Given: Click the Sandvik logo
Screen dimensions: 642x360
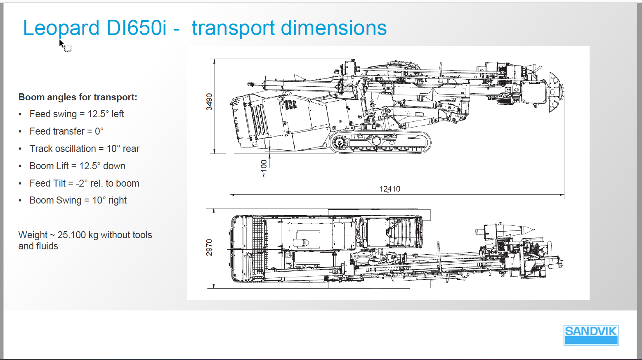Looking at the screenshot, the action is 591,335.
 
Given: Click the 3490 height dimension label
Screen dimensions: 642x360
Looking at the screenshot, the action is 209,102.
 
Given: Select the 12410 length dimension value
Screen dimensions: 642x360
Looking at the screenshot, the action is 390,189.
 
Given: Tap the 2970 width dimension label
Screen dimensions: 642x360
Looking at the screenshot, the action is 209,248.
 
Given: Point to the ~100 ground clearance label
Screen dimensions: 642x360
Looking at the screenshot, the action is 264,168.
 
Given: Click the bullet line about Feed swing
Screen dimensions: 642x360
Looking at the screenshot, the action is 76,114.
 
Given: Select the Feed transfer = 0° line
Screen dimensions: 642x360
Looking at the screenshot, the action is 66,131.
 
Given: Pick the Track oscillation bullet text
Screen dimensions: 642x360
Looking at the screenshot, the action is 84,149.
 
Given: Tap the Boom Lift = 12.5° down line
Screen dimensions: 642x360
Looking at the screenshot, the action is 78,166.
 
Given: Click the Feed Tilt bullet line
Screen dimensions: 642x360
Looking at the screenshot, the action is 84,183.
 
